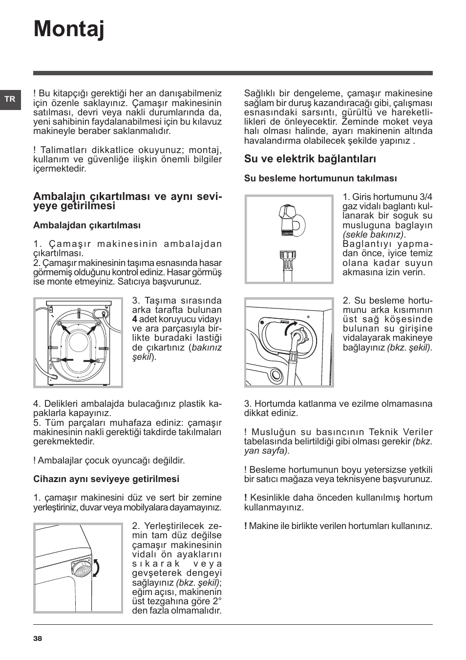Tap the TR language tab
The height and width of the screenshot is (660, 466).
click(x=10, y=100)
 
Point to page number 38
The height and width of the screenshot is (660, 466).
click(x=38, y=638)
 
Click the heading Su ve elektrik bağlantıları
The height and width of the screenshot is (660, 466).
click(x=310, y=159)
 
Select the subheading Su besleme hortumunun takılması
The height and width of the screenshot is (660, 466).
click(x=320, y=178)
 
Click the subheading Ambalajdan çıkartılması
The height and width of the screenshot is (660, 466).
click(x=87, y=225)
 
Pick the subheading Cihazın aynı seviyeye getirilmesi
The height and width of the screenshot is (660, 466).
click(x=106, y=479)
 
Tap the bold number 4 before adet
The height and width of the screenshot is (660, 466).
click(x=134, y=319)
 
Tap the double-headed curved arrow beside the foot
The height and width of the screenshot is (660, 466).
click(x=96, y=569)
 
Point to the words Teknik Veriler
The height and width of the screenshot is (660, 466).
click(x=401, y=432)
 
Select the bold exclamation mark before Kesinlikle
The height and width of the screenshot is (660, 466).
click(x=246, y=498)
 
